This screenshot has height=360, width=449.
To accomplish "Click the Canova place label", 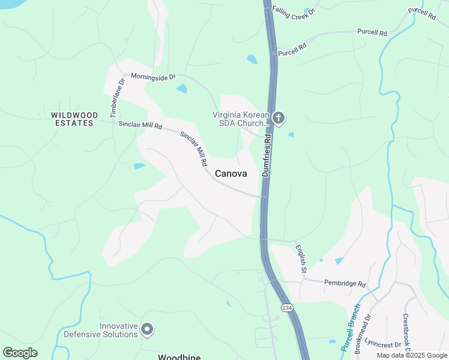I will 231,173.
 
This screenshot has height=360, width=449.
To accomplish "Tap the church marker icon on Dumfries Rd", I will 278,118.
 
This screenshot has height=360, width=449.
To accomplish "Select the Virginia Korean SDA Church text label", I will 239,119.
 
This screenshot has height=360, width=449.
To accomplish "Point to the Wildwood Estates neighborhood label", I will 72,119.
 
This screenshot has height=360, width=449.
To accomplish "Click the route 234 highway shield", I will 288,307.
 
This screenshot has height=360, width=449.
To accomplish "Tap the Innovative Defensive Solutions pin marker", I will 147,329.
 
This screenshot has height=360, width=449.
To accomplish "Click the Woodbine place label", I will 178,356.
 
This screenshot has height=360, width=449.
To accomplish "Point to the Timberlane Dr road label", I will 116,97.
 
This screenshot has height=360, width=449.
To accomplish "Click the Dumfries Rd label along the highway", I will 267,155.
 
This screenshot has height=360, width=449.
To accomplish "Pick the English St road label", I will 301,258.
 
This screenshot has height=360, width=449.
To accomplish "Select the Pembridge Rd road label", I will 345,283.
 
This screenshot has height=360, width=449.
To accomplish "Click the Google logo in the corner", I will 20,353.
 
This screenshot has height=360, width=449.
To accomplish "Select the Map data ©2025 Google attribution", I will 411,355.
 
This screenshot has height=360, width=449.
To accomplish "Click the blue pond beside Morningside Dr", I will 181,89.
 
